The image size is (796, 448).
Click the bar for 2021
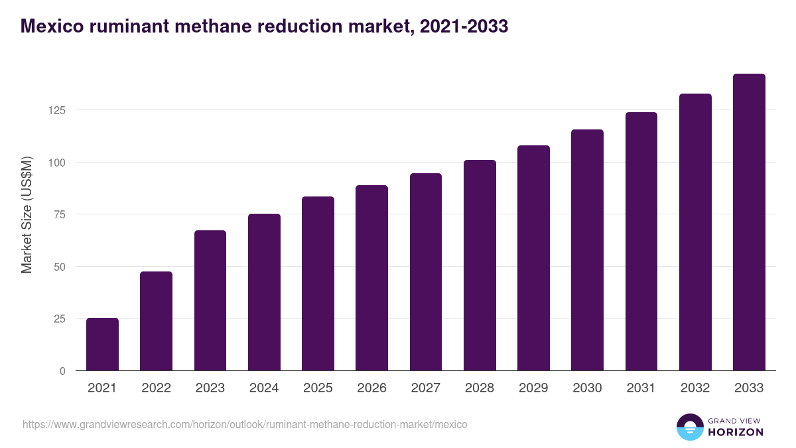pyautogui.click(x=102, y=344)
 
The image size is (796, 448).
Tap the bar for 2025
pyautogui.click(x=318, y=283)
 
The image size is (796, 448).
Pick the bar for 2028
pyautogui.click(x=480, y=265)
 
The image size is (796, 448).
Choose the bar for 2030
pyautogui.click(x=587, y=250)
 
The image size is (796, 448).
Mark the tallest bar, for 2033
pyautogui.click(x=749, y=222)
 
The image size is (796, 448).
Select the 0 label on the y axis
pyautogui.click(x=63, y=371)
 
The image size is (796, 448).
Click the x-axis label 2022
pyautogui.click(x=156, y=388)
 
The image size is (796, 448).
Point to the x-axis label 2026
pyautogui.click(x=371, y=388)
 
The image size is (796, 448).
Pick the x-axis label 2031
pyautogui.click(x=641, y=388)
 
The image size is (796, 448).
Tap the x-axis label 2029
pyautogui.click(x=533, y=388)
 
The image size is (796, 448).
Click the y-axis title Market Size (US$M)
pyautogui.click(x=27, y=214)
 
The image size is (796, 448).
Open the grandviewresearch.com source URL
pyautogui.click(x=245, y=424)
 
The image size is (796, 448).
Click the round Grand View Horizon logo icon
pyautogui.click(x=689, y=427)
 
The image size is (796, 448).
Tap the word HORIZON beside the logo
pyautogui.click(x=736, y=432)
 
